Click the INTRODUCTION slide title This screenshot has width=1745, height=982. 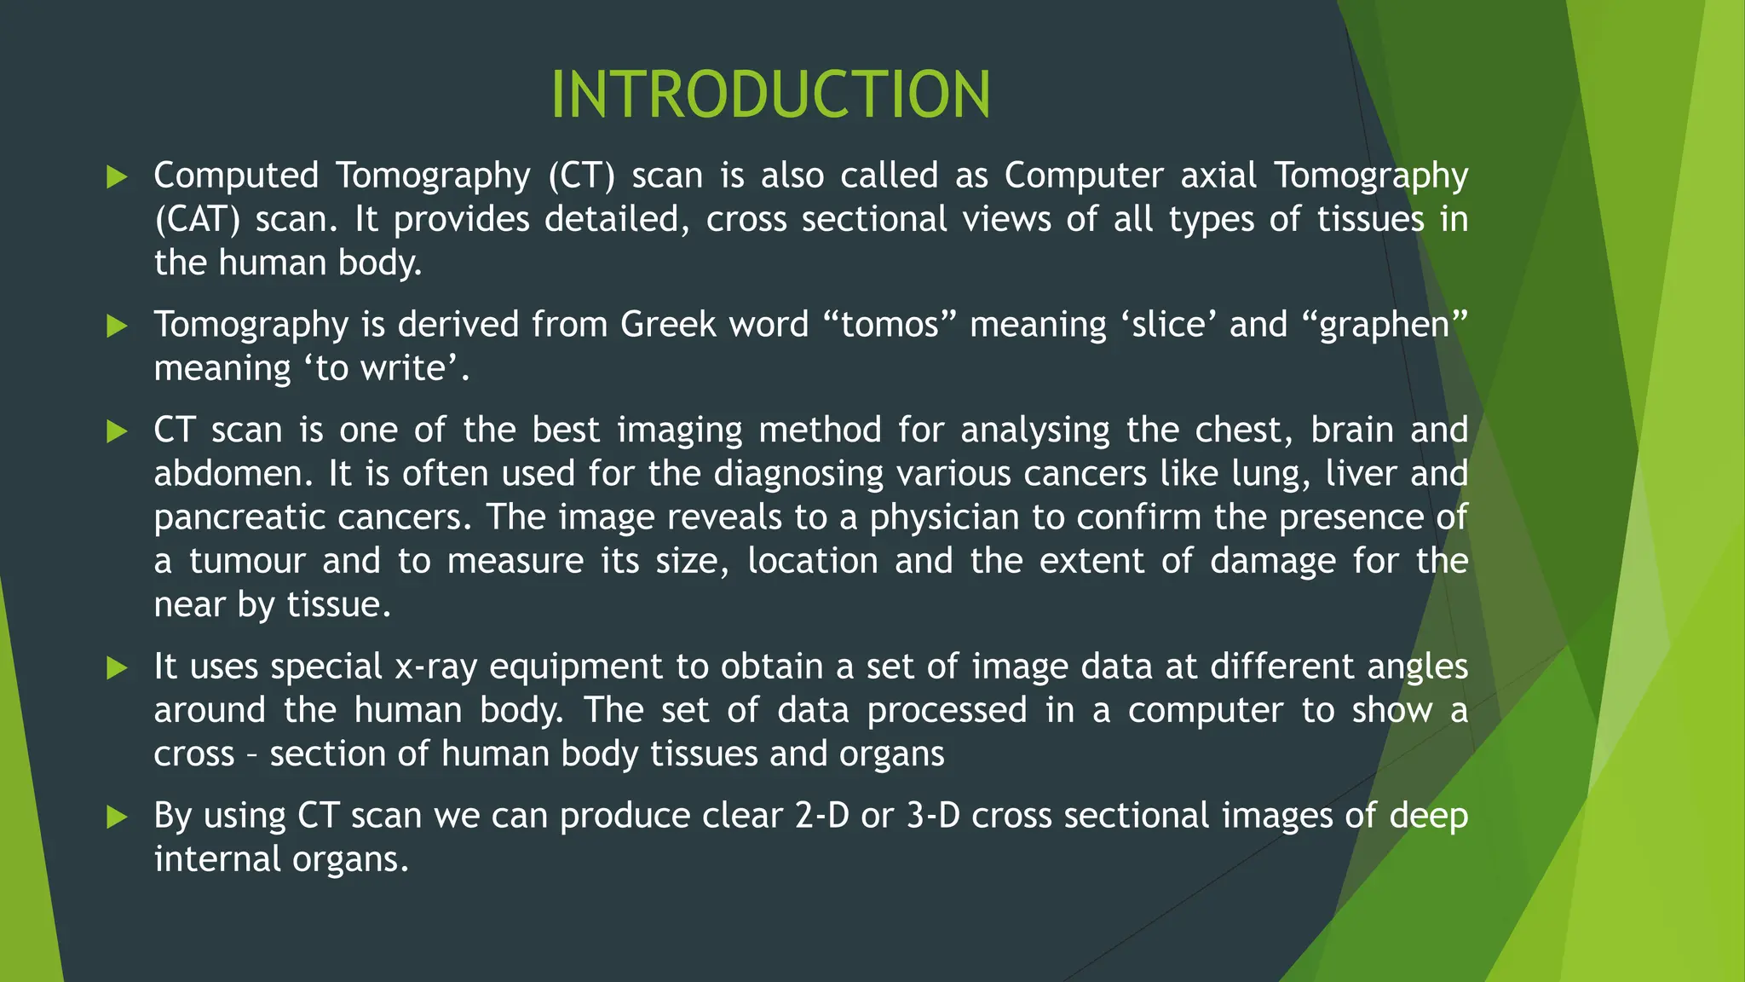(770, 94)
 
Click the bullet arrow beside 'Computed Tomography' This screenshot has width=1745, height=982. (117, 177)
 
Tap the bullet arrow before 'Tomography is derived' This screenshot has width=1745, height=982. (117, 326)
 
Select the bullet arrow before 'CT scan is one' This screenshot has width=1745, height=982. (117, 431)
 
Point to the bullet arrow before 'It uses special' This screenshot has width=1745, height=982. (117, 667)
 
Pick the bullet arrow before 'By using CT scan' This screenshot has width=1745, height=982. (117, 817)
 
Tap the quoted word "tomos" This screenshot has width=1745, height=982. (890, 325)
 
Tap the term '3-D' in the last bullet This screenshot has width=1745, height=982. (933, 816)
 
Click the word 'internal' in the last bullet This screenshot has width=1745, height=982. (216, 859)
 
